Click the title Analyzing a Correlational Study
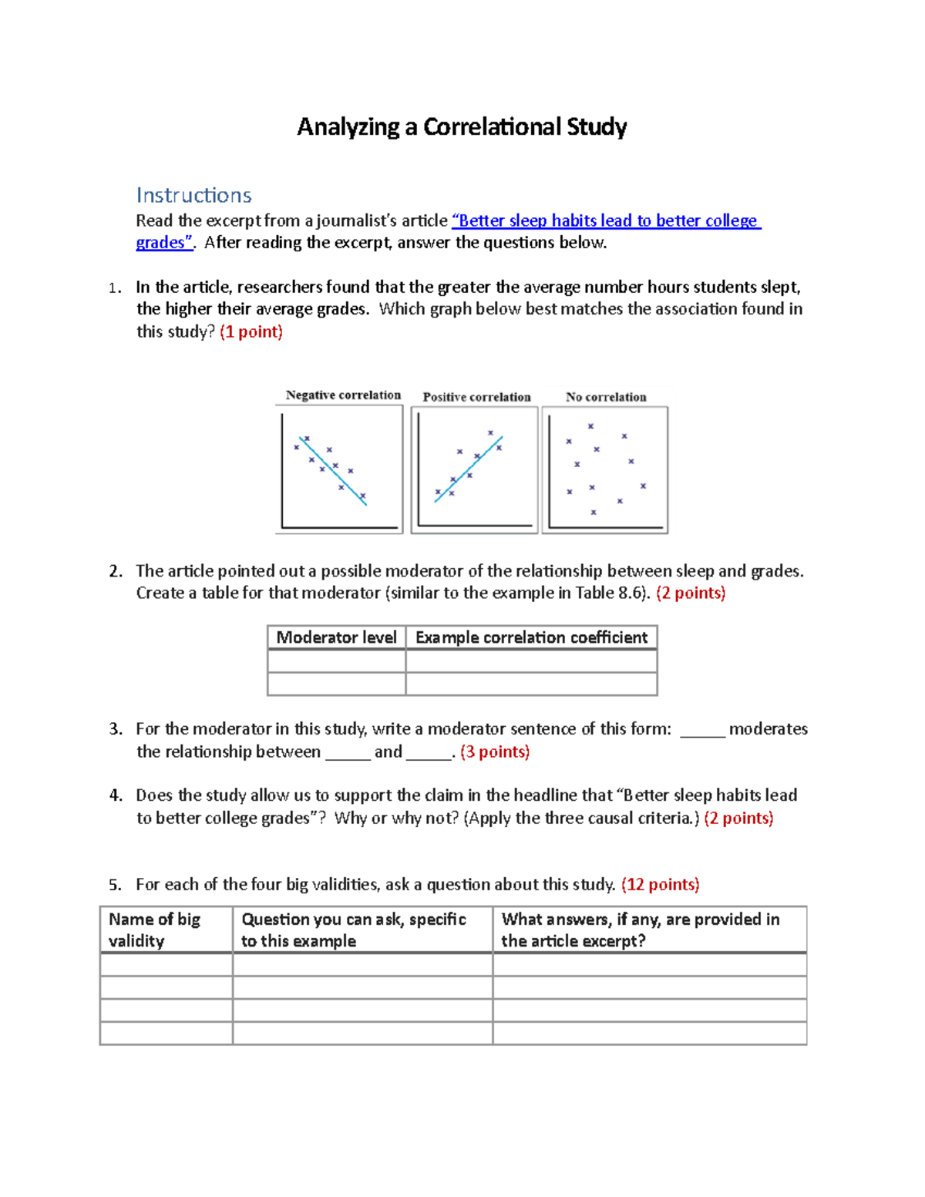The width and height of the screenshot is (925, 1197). tap(462, 127)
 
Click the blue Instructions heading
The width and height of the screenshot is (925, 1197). tap(193, 195)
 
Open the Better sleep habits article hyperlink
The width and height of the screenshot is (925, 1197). tap(606, 221)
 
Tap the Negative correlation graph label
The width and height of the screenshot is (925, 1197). tap(343, 395)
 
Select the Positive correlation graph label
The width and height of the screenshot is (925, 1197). tap(476, 397)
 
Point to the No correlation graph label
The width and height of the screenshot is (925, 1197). tap(606, 397)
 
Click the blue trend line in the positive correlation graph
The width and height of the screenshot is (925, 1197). tap(468, 469)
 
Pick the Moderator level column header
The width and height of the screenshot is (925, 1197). tap(336, 637)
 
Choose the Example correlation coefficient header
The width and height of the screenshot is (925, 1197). tap(531, 637)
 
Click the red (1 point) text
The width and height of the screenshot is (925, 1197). tap(251, 332)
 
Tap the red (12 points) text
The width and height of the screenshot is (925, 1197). tap(660, 885)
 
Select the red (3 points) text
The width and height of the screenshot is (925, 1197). tap(495, 752)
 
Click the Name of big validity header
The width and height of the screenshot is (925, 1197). tap(155, 930)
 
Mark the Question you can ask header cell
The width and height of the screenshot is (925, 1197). tap(354, 930)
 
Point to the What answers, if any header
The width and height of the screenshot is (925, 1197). tap(640, 930)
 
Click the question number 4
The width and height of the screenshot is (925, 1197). tap(116, 795)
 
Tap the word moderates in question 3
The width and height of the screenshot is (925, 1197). tap(768, 729)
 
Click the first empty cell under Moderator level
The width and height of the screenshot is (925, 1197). tap(336, 661)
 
